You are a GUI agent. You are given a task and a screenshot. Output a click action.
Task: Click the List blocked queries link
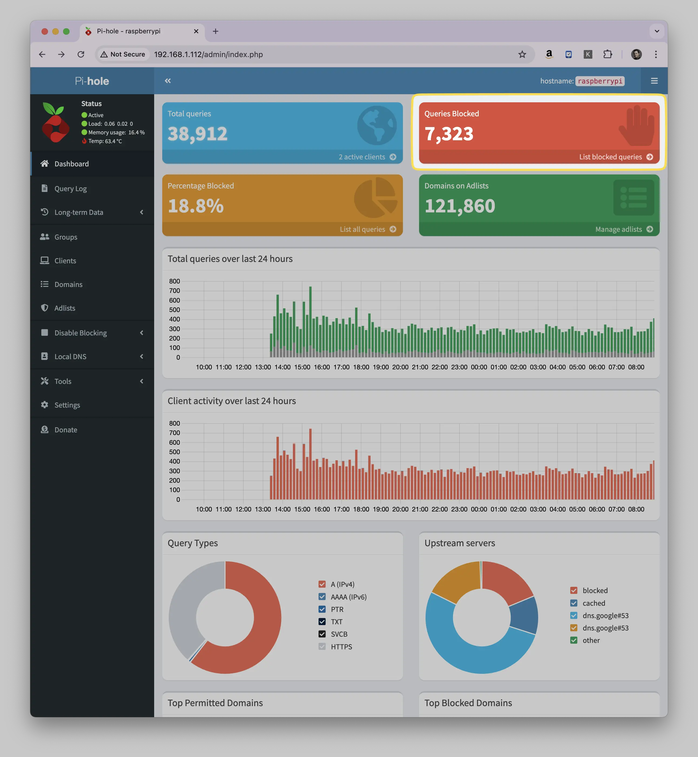click(x=616, y=157)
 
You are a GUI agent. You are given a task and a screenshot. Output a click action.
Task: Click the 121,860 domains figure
click(x=460, y=206)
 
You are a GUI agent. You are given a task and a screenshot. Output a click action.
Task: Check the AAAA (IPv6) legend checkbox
click(x=322, y=597)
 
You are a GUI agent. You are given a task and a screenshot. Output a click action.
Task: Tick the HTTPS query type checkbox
click(x=322, y=646)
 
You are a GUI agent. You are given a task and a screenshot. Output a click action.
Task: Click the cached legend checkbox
click(x=574, y=603)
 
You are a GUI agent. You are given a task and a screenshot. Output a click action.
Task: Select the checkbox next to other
click(x=574, y=640)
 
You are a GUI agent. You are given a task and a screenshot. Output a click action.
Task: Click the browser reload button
click(x=81, y=54)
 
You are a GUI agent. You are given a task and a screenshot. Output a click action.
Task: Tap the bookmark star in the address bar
click(x=522, y=54)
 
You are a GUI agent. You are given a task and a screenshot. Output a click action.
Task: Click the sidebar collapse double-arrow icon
click(x=168, y=81)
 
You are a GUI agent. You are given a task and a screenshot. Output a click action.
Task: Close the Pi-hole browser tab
click(x=196, y=31)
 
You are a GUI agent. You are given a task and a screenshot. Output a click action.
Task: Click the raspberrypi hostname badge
click(x=600, y=81)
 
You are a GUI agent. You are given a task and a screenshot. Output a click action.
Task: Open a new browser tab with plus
click(x=216, y=31)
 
